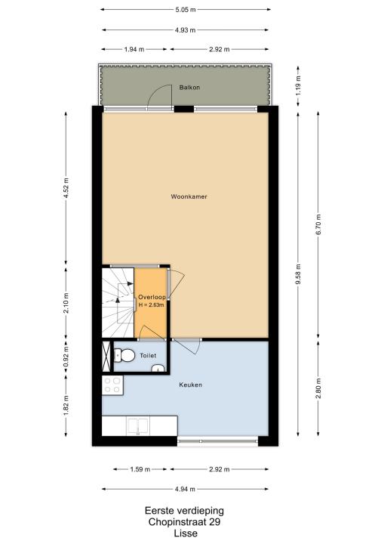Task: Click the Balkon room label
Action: tap(189, 88)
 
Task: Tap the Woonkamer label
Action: tap(189, 196)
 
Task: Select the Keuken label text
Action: tap(190, 385)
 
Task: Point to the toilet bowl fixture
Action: tap(124, 355)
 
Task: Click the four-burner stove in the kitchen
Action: tap(112, 385)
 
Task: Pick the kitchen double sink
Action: tap(138, 426)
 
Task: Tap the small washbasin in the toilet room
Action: tap(158, 368)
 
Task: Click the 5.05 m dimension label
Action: tap(186, 10)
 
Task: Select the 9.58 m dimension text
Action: tap(298, 274)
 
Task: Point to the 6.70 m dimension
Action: tap(318, 224)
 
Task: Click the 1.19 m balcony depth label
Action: tap(299, 85)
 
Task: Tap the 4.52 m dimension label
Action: tap(66, 188)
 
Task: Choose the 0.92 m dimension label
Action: tap(66, 357)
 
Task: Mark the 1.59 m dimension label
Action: tap(140, 469)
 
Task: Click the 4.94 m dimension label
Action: tap(185, 489)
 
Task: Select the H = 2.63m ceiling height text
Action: tap(151, 305)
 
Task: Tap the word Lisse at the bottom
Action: tap(186, 533)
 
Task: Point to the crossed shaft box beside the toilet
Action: tap(106, 357)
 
